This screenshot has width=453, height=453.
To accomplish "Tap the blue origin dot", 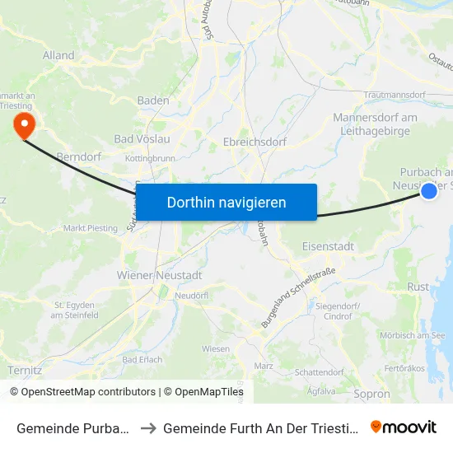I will (429, 191).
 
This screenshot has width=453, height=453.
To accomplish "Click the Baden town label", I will (154, 100).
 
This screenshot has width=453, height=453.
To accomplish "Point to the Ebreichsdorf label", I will (255, 142).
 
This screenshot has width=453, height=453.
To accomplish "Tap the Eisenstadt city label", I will (329, 245).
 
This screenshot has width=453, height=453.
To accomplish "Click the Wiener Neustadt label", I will (160, 275).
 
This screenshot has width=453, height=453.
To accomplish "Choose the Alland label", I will (58, 56).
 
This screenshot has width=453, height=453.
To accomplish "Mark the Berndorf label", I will (78, 156).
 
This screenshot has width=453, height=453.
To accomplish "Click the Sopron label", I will (371, 395).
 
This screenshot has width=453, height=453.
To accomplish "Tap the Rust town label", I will (418, 287).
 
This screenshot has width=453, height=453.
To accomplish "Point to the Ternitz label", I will (24, 371).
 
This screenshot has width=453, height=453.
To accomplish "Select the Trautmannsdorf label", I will (390, 96).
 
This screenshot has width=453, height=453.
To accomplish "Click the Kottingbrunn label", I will (149, 157).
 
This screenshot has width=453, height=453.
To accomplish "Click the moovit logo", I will (404, 427).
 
